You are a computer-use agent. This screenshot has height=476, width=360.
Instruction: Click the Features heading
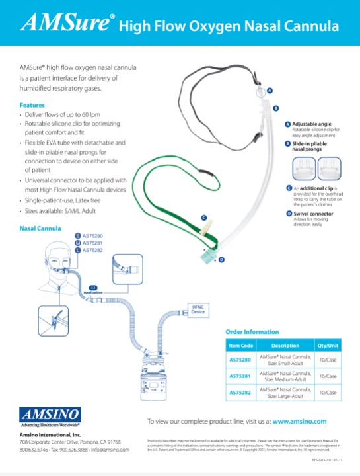coord(32,106)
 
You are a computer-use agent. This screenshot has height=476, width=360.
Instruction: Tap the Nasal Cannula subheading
coord(40,228)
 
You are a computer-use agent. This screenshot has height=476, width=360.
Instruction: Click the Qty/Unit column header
coord(328,346)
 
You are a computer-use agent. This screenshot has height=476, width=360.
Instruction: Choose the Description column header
coord(285,346)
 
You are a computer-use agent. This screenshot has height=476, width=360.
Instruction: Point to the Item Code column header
coord(241,346)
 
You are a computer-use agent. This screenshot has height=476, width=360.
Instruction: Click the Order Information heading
coord(252,332)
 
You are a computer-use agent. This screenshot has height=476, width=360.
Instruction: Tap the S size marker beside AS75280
coord(78,235)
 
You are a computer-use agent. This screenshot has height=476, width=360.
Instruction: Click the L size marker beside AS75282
coord(78,251)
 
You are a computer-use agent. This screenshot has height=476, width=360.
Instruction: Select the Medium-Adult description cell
coord(285,376)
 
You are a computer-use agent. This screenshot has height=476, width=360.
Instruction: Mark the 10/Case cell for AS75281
coord(328,376)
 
